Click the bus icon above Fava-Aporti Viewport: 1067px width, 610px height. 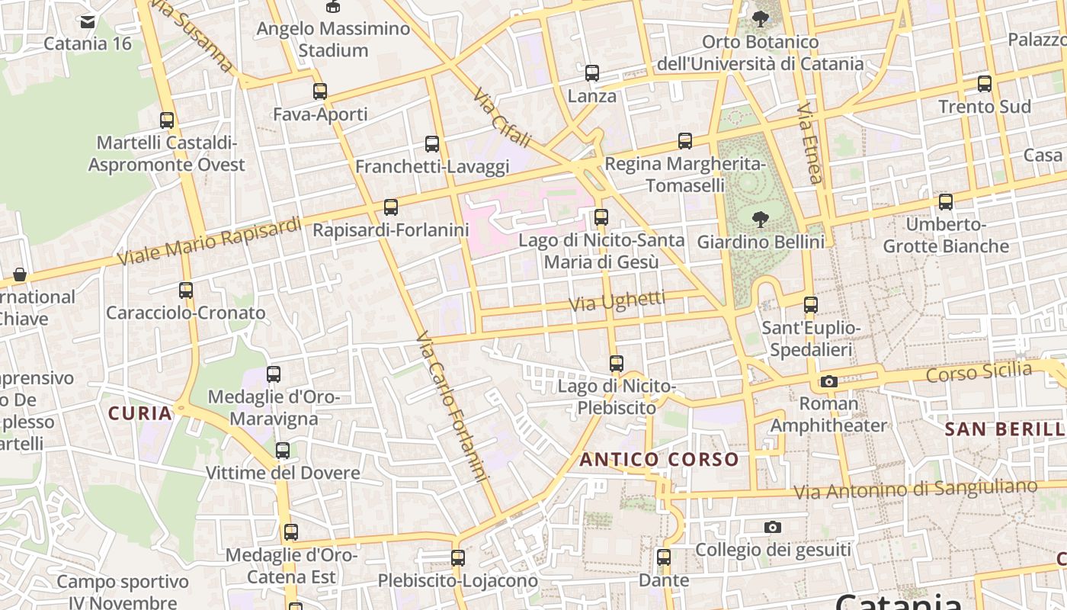point(320,91)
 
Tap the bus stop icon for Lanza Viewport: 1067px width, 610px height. point(592,73)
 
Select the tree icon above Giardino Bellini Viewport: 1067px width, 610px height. point(760,220)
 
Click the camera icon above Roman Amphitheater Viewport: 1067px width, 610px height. point(829,381)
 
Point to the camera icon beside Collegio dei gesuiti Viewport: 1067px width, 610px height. point(773,527)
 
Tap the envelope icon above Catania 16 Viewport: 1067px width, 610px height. point(88,21)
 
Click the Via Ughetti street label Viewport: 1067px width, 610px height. point(617,301)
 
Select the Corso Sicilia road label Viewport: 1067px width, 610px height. point(979,373)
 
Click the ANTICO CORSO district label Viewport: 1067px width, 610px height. point(659,460)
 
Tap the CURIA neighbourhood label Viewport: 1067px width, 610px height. point(140,413)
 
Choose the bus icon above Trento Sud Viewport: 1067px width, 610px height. point(985,84)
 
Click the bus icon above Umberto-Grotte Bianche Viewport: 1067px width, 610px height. point(946,202)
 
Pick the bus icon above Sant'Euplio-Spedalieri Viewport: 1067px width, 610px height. point(811,305)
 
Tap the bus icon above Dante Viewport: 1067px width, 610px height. point(664,557)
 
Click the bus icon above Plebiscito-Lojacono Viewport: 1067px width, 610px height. point(458,557)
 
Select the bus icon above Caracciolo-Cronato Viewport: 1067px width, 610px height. point(186,290)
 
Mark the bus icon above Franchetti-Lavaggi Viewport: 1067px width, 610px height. point(432,143)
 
